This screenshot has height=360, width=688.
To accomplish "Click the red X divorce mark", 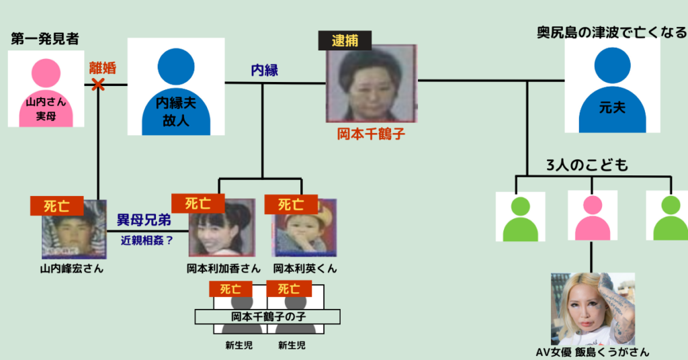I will [x=99, y=85].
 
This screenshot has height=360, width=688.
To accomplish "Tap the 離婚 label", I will [x=102, y=68].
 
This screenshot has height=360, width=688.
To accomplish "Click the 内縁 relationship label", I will [x=264, y=70].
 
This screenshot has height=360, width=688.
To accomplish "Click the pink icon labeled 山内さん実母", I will [x=46, y=91].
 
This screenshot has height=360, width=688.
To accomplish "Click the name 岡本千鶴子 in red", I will [x=371, y=134].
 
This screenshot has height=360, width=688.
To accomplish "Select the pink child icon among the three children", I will [x=592, y=216].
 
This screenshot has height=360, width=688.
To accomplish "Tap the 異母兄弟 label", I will [x=144, y=220].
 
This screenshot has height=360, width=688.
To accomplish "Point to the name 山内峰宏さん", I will [x=72, y=269].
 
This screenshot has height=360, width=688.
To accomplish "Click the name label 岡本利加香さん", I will [x=224, y=269].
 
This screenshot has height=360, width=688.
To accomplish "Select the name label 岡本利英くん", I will [x=305, y=269].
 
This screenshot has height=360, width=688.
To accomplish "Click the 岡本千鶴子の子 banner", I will [x=267, y=316].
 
